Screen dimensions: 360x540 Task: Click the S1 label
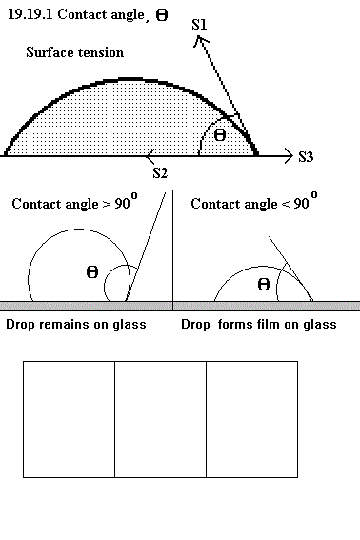(199, 25)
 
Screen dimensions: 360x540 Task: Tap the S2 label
(160, 173)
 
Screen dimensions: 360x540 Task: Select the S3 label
(306, 157)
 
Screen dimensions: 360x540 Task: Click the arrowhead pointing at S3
(289, 156)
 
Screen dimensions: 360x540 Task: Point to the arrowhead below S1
(201, 41)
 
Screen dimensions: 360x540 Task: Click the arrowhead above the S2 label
(150, 157)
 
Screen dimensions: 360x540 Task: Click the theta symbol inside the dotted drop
(220, 135)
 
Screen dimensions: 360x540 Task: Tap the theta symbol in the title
(162, 15)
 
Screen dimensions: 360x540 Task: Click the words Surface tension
(74, 52)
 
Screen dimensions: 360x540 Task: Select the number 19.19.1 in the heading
(30, 14)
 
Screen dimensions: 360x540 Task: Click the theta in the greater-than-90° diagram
(92, 272)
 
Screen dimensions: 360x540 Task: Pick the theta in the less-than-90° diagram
(264, 285)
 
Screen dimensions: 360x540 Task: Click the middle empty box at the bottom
(161, 419)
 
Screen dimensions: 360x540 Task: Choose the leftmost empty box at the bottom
(69, 419)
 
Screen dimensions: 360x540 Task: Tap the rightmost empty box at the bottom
(252, 419)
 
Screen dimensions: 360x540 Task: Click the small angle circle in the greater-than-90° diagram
(105, 286)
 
